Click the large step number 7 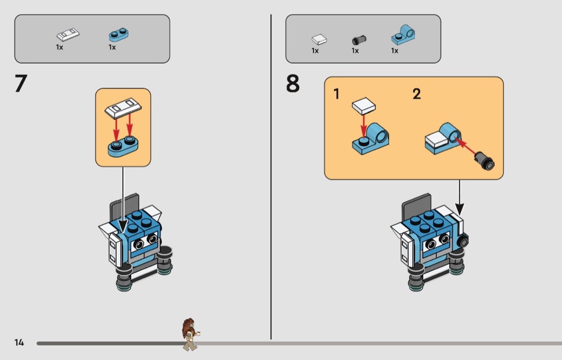21,83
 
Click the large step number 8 292,83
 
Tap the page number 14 19,342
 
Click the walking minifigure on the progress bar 190,334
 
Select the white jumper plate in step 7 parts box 68,34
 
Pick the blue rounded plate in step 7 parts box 118,35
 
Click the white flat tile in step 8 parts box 319,40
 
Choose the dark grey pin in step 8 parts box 359,40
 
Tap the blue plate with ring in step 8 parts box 403,35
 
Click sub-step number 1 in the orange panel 336,94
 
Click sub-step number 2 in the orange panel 416,94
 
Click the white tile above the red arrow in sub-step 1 364,106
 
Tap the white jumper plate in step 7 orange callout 123,108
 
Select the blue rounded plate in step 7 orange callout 123,146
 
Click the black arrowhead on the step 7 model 123,226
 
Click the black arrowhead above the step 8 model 459,209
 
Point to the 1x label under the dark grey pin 355,51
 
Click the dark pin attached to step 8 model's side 463,241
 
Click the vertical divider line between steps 271,177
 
